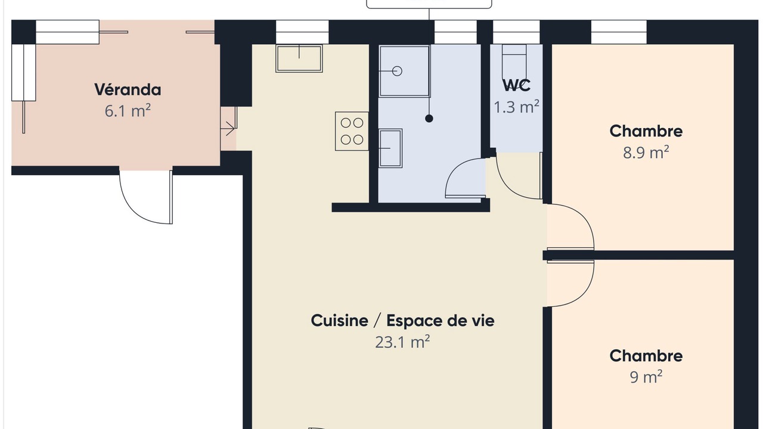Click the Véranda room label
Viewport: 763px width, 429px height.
pos(128,89)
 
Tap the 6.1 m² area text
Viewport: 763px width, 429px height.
pos(128,111)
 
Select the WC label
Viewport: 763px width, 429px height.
pos(516,85)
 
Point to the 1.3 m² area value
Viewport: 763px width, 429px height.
pos(516,107)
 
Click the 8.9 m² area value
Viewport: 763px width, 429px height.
pos(646,152)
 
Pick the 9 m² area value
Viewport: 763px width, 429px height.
pos(646,377)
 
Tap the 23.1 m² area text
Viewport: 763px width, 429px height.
pos(402,342)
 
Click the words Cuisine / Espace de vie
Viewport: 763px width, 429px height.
pos(402,321)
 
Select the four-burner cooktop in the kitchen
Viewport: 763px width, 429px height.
pos(352,131)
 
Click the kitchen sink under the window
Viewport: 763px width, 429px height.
pos(299,58)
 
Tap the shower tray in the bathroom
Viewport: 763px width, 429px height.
pos(404,71)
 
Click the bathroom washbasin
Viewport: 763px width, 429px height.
pos(390,148)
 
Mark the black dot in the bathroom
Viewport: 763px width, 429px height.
pos(429,119)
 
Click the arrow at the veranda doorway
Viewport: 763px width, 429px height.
pos(228,129)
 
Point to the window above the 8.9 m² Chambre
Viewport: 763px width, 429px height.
pos(619,32)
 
